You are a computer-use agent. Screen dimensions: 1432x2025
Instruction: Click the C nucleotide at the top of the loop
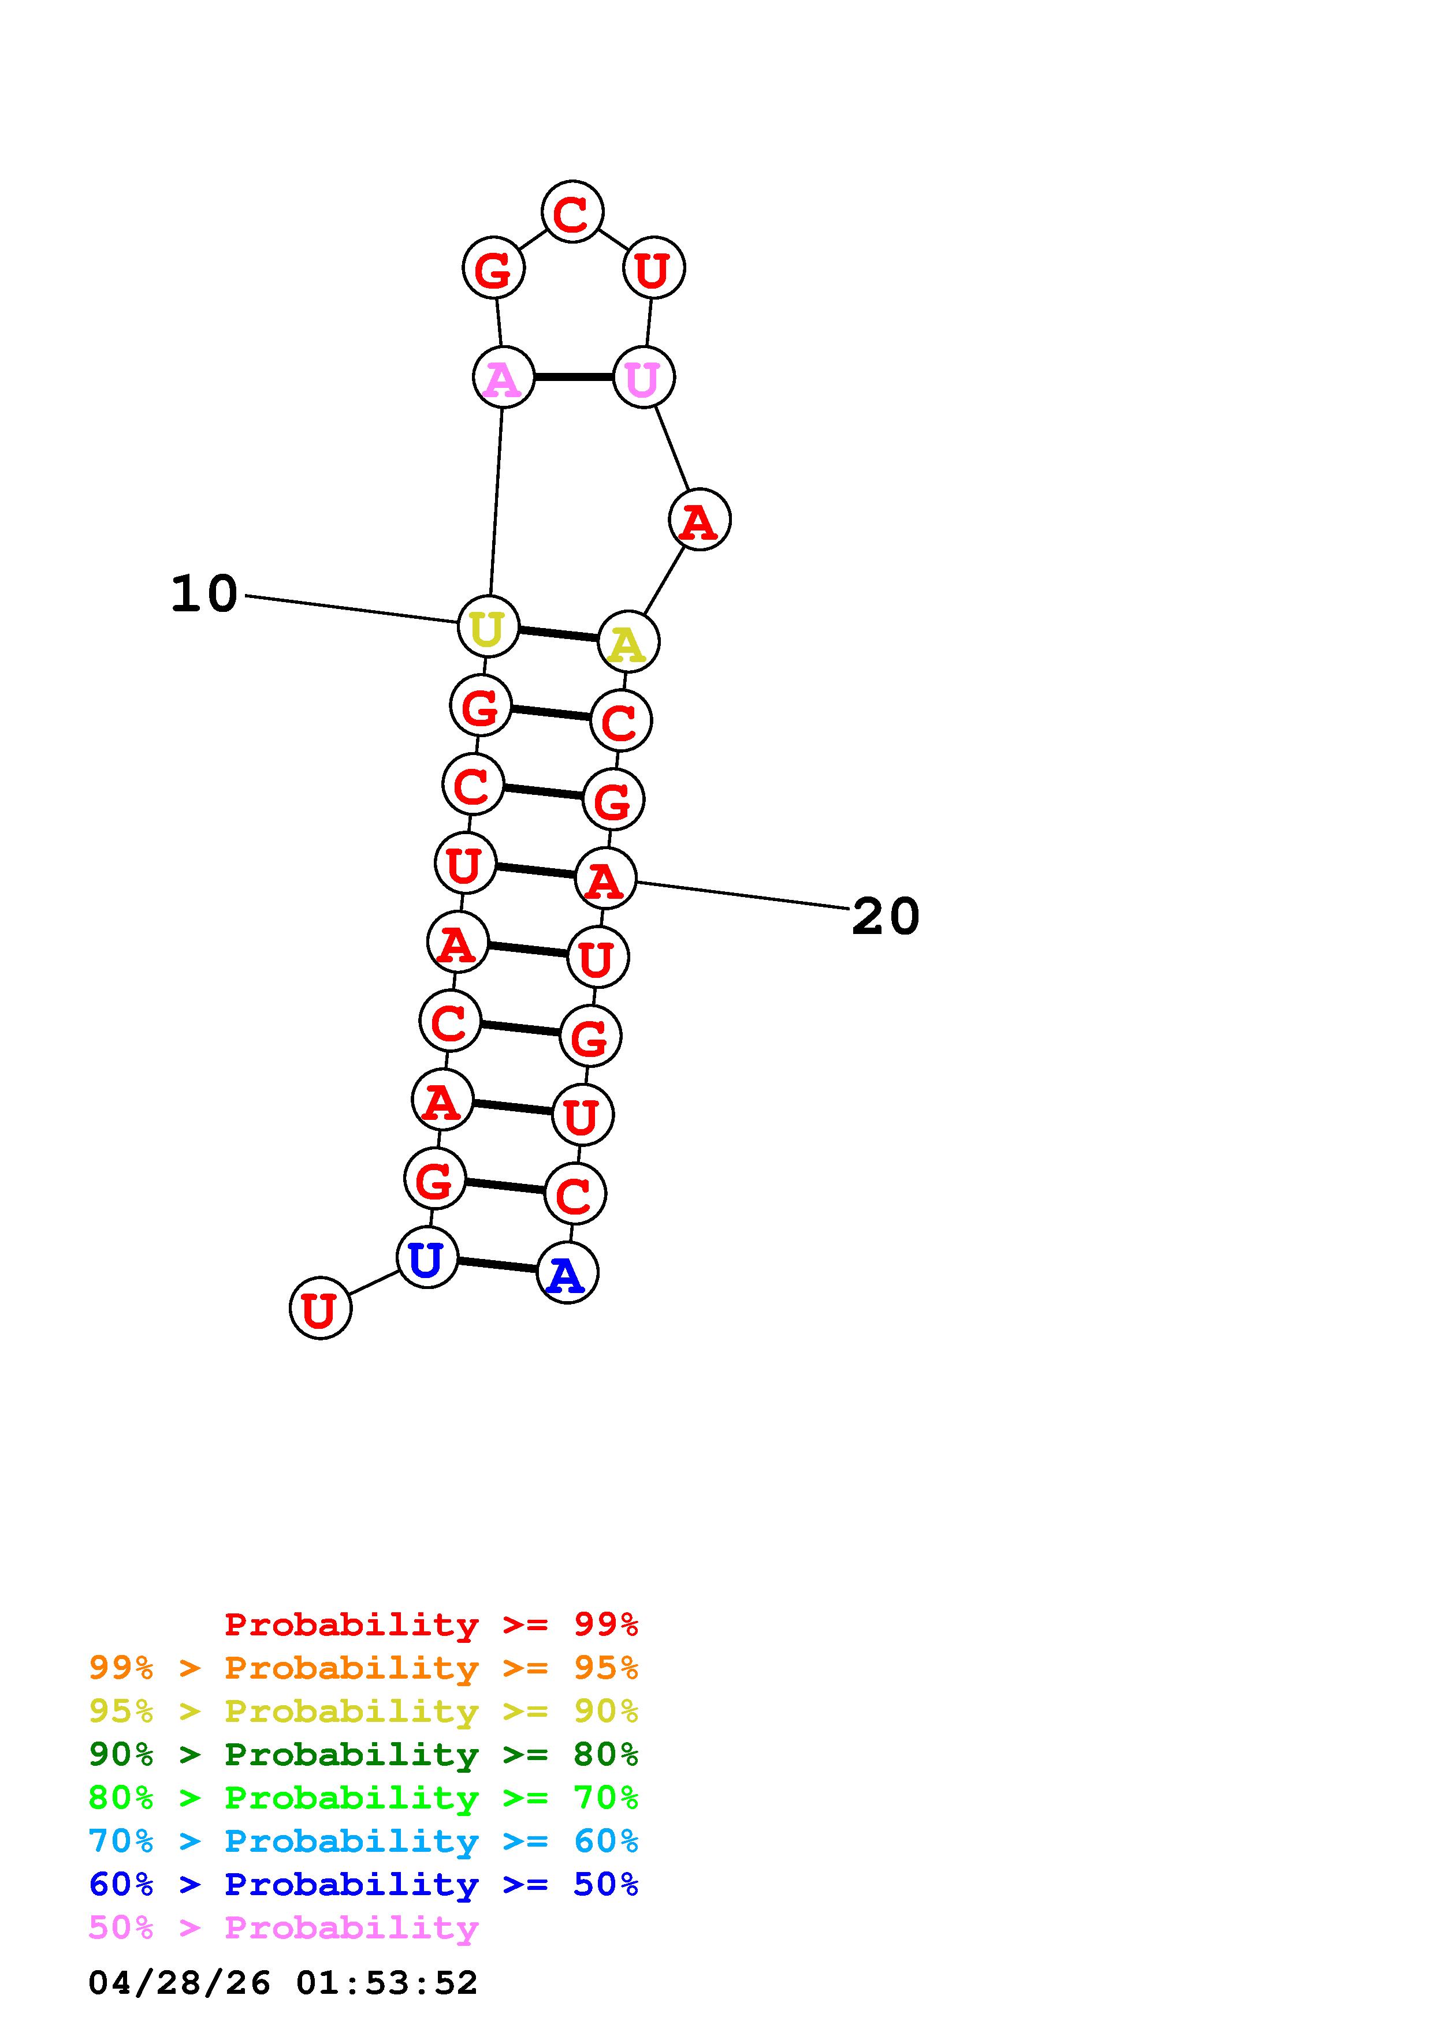(572, 212)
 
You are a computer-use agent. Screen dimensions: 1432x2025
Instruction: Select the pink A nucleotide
(503, 378)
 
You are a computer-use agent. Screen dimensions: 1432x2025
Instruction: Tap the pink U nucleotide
(643, 378)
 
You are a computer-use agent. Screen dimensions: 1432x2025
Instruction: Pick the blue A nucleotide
(567, 1273)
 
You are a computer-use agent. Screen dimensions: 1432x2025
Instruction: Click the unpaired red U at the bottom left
(320, 1308)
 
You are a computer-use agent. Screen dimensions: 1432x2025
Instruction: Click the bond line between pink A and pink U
(574, 378)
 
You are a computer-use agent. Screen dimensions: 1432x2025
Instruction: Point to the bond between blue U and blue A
(497, 1265)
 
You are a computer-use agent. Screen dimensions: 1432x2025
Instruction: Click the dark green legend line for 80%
(363, 1754)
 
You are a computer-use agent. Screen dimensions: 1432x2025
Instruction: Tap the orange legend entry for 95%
(363, 1668)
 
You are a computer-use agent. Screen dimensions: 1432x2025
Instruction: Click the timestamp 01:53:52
(386, 1983)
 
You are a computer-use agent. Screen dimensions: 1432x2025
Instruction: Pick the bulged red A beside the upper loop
(699, 520)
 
